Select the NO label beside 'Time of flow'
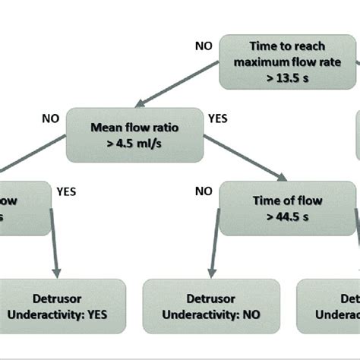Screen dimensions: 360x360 (x=204, y=192)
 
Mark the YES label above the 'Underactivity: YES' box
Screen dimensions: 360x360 (x=66, y=192)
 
